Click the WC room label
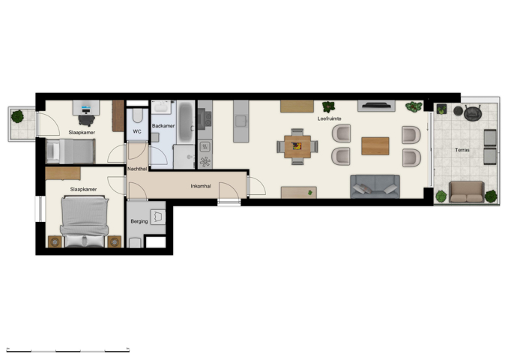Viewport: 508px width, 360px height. coord(137,131)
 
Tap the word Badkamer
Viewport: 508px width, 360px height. coord(163,126)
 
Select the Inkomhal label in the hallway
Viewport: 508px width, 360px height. coord(201,185)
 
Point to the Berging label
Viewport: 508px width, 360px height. coord(139,222)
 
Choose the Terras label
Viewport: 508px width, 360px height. coord(462,151)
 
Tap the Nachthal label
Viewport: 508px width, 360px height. coord(137,169)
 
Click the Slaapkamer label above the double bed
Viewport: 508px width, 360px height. coord(82,190)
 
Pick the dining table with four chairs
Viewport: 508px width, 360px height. coord(297,145)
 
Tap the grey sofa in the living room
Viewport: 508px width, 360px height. coord(375,186)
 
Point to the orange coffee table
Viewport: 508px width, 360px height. coord(375,145)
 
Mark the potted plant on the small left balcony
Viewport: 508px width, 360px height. coord(17,116)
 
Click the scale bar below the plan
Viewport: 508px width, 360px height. coord(68,349)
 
